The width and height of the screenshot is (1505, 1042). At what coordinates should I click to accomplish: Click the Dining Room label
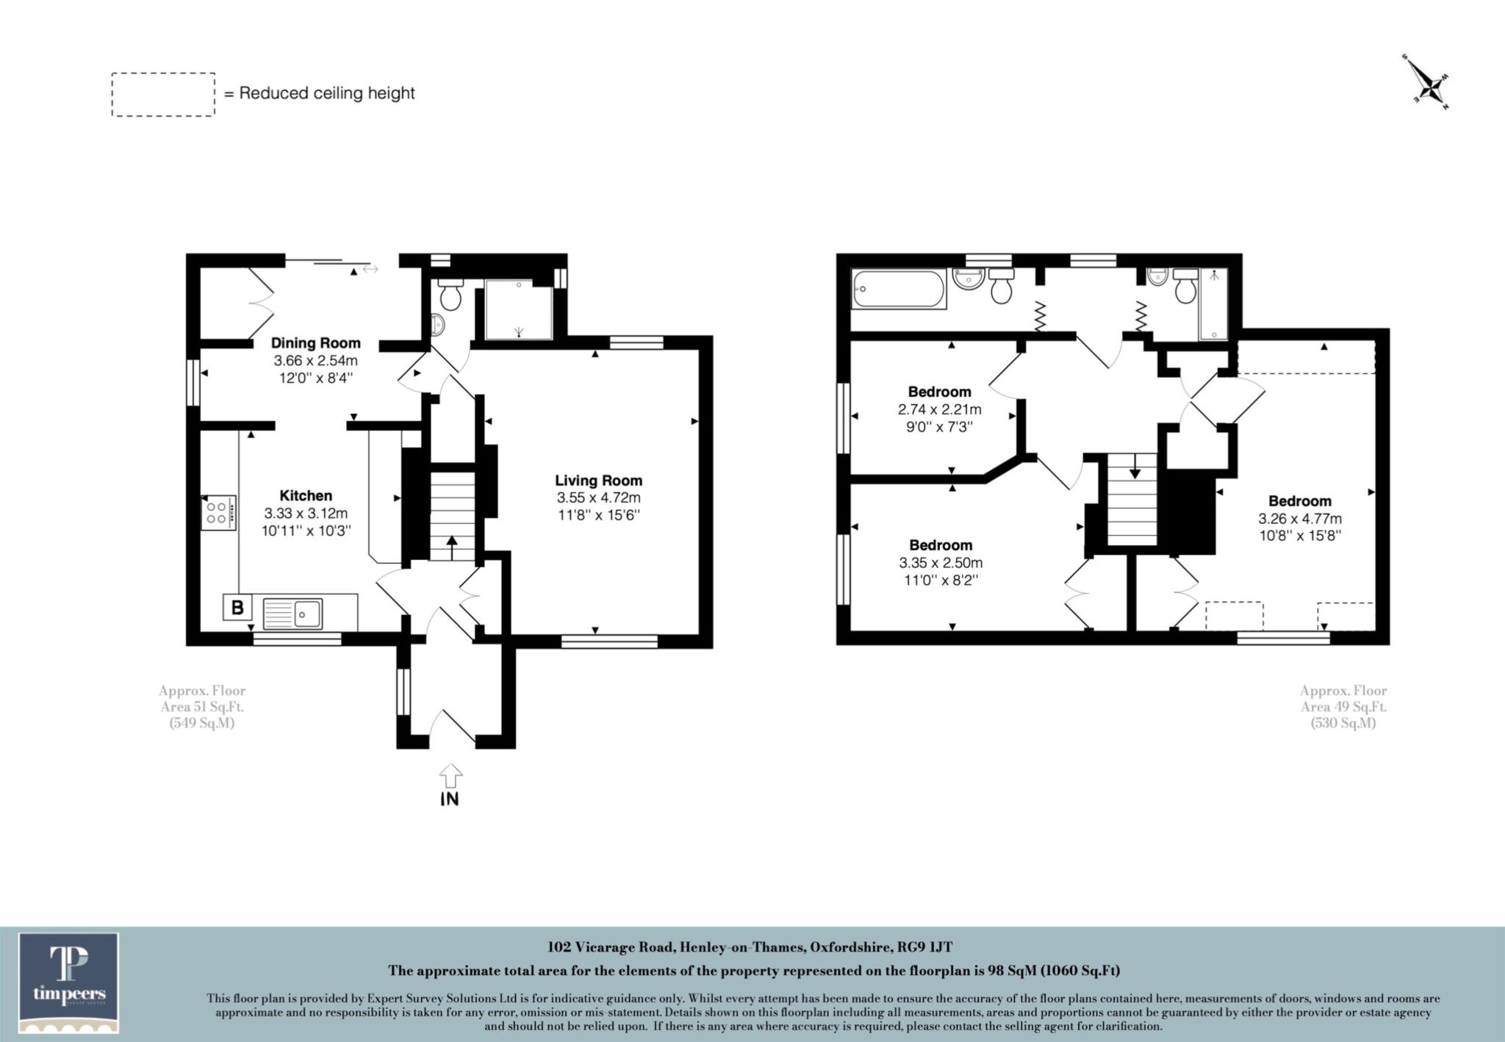point(315,343)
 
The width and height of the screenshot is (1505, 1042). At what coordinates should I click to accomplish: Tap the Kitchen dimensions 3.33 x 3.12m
point(306,513)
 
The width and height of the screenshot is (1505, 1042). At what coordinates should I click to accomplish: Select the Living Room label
point(598,481)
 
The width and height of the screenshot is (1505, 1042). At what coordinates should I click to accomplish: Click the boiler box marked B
point(237,608)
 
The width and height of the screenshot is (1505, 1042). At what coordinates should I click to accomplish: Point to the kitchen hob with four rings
point(218,513)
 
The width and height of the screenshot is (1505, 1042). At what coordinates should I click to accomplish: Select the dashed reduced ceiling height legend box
point(163,94)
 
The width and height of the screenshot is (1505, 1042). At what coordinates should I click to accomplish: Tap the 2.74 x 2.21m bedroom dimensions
point(939,409)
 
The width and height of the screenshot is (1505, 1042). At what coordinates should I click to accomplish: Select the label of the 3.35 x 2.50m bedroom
point(940,545)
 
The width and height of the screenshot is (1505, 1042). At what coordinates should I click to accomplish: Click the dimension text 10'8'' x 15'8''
point(1299,536)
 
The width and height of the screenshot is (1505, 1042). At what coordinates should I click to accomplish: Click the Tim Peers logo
point(69,982)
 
